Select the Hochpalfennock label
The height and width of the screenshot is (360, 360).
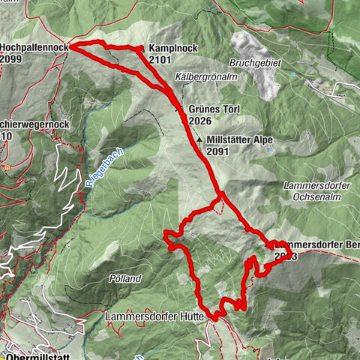point(34,46)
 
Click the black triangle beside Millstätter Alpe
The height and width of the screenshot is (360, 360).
point(199,139)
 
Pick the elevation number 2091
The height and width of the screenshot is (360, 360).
point(218,151)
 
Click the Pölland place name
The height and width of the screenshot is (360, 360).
point(125,277)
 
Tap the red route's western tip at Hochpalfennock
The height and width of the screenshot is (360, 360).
point(71,46)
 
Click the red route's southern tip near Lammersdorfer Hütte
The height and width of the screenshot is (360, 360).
point(215,319)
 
